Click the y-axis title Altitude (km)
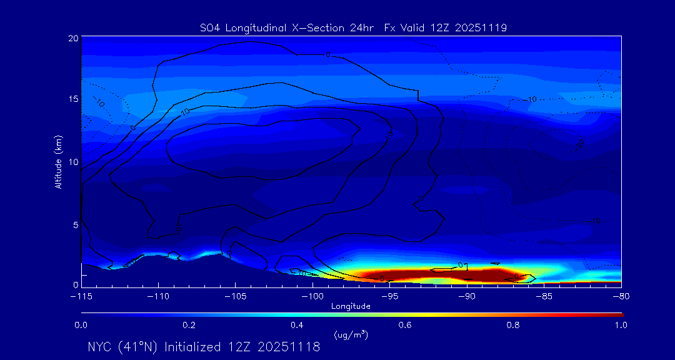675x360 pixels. point(58,162)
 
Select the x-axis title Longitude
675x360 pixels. point(351,306)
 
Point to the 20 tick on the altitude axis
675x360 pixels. point(72,38)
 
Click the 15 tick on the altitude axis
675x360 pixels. point(72,99)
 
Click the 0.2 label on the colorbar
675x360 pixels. point(189,325)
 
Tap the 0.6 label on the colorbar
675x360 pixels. point(405,325)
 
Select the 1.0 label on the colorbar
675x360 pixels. point(621,325)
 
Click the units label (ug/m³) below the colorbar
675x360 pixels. point(351,335)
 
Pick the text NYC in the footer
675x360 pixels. point(101,347)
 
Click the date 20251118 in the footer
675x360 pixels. point(291,347)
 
